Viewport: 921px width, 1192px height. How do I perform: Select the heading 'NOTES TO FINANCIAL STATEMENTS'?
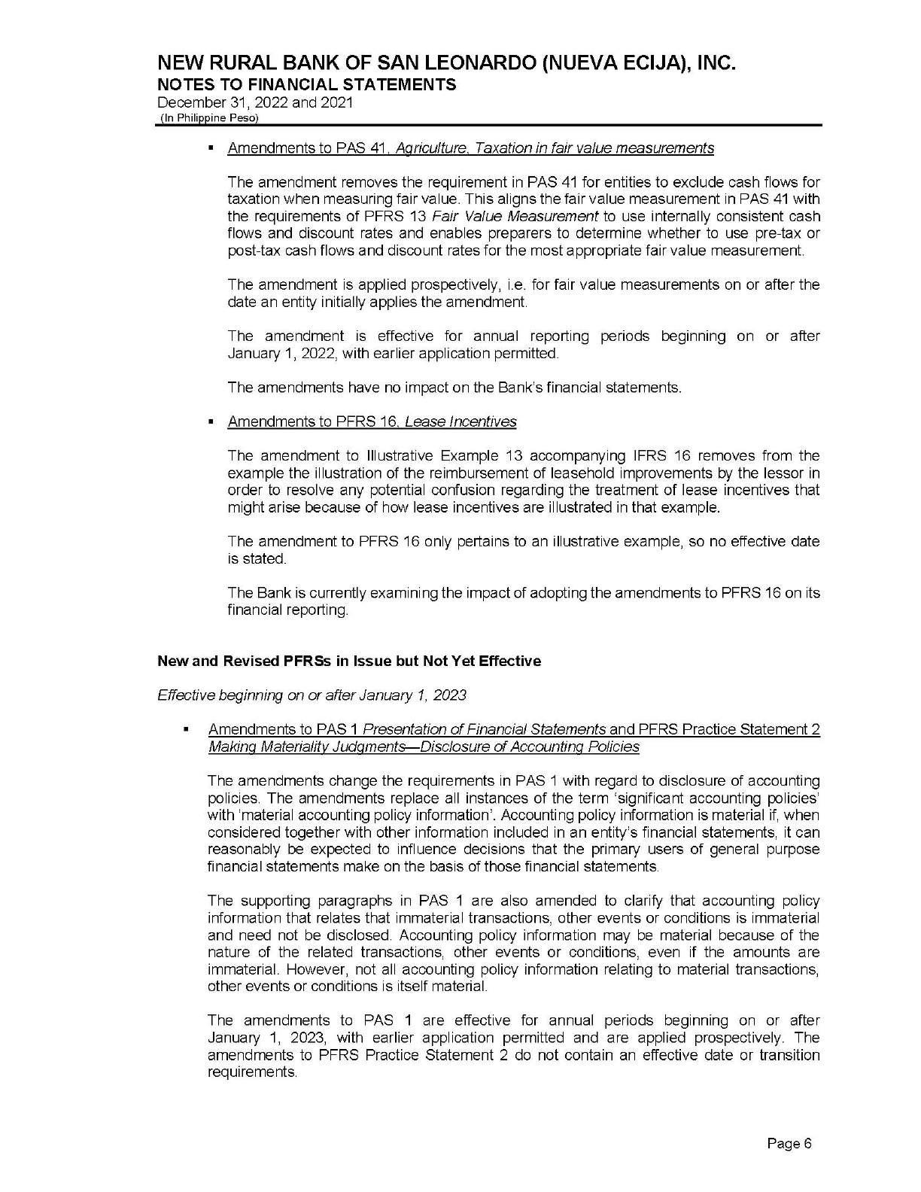306,84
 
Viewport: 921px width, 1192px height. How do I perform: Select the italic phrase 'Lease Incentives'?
460,422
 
